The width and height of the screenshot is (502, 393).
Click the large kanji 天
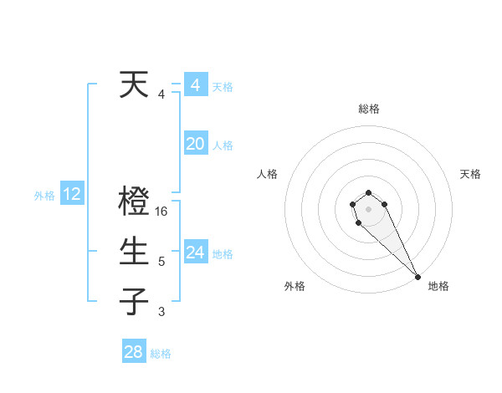coord(135,85)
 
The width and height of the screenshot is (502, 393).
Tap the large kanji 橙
coord(135,202)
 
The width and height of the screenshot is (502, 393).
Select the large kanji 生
coord(135,252)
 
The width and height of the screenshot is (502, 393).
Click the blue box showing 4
coord(196,85)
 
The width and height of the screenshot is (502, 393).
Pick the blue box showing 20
coord(196,144)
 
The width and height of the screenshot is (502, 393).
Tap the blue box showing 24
coord(196,252)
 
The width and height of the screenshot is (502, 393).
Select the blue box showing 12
coord(72,195)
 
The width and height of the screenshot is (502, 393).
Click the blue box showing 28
coord(134,352)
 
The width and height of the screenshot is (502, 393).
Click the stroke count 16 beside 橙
coord(162,212)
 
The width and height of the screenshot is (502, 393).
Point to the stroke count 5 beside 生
coord(161,262)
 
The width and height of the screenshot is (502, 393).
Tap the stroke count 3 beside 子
coord(161,312)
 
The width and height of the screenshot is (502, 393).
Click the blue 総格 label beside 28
coord(161,354)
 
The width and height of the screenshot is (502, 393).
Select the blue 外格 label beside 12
coord(44,196)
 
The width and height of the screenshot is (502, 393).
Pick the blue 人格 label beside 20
coord(223,145)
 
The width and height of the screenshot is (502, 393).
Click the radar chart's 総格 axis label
coord(369,109)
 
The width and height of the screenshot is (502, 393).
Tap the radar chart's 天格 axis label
coord(470,174)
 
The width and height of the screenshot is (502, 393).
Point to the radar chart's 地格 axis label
coord(438,286)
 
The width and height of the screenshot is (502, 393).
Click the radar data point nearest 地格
coord(417,277)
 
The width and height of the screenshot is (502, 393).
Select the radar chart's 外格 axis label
coord(295,286)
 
